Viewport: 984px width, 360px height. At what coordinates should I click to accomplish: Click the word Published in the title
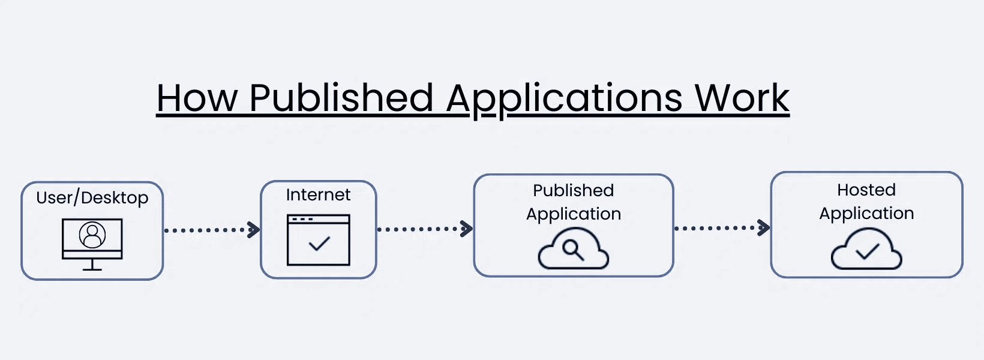coord(341,98)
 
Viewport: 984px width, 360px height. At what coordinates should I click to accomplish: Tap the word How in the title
coord(197,98)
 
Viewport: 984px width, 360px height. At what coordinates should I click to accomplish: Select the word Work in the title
coord(742,98)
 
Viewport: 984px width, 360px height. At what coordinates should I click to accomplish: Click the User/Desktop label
coord(92,197)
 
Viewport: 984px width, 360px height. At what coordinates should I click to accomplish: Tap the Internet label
coord(318,194)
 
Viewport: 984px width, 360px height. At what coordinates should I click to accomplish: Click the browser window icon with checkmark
coord(318,240)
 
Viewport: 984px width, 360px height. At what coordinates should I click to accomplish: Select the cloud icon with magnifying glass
coord(574,250)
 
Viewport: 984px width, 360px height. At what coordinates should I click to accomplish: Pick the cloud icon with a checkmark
coord(866,250)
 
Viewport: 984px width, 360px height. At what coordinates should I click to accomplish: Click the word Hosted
coord(866,190)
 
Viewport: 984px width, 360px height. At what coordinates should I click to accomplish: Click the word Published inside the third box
coord(574,190)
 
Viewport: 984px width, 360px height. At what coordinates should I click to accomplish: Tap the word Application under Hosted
coord(866,214)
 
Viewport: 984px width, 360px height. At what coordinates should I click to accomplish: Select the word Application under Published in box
coord(574,214)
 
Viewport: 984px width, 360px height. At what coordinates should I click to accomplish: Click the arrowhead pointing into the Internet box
coord(254,230)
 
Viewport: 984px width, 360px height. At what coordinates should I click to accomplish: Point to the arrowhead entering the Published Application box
coord(467,229)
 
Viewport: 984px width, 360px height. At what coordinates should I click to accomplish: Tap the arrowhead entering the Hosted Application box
coord(764,227)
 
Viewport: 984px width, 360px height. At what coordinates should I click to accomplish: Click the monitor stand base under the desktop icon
coord(92,269)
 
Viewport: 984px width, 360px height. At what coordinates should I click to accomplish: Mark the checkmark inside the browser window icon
coord(319,244)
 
